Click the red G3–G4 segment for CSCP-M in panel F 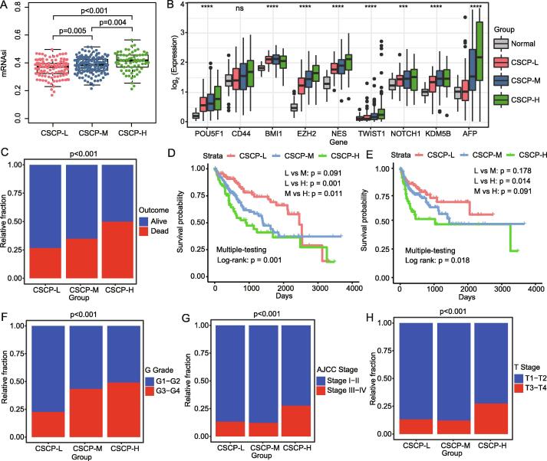(84, 411)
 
